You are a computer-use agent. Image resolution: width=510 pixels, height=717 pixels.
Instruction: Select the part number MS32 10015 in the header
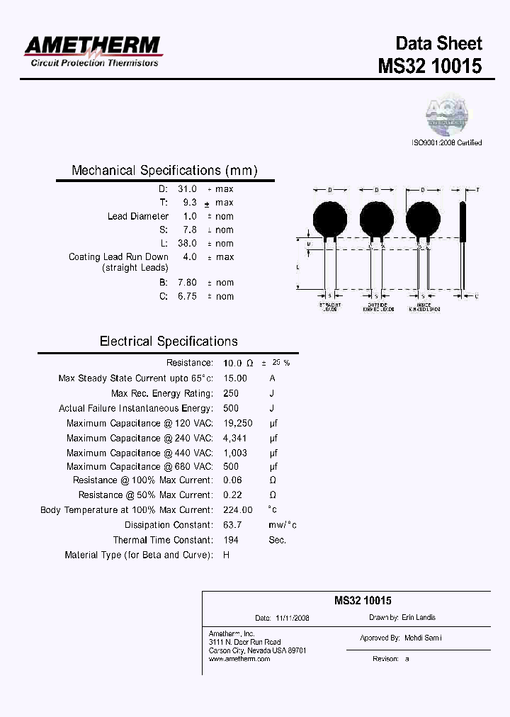[x=429, y=66]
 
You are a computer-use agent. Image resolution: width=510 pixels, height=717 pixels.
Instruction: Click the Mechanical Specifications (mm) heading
[x=164, y=171]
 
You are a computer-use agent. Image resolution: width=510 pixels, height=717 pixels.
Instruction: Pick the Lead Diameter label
[x=138, y=216]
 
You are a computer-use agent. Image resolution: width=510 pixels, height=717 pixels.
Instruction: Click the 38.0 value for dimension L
[x=188, y=243]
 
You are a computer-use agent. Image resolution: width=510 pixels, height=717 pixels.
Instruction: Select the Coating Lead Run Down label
[x=118, y=256]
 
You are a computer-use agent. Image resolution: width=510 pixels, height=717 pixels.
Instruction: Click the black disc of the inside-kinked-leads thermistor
[x=423, y=218]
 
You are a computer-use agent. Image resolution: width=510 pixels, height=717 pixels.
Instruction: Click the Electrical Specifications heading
[x=169, y=341]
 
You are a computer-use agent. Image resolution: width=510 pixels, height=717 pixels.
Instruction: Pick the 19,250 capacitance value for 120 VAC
[x=237, y=423]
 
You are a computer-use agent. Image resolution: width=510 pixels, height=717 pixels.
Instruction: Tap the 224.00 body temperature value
[x=237, y=509]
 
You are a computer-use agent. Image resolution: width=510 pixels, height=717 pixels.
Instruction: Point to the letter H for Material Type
[x=226, y=555]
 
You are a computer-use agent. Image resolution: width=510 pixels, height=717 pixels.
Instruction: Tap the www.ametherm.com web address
[x=239, y=659]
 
